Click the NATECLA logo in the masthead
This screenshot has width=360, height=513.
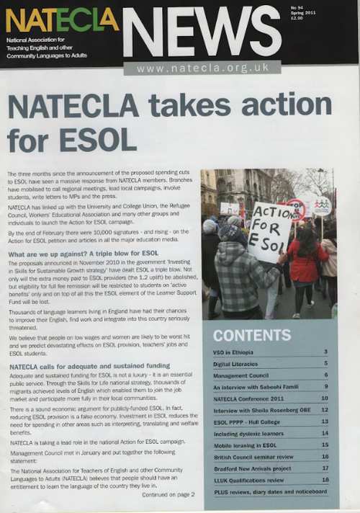point(62,19)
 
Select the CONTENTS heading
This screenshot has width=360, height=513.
point(251,335)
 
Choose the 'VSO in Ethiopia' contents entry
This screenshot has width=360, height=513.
point(238,352)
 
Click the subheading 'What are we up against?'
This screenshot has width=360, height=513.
point(84,254)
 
